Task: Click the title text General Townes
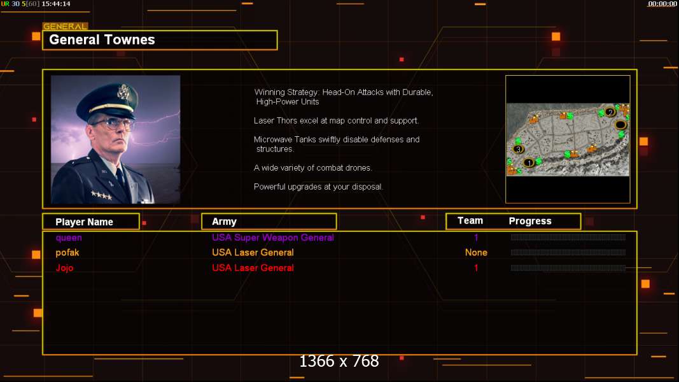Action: pyautogui.click(x=102, y=40)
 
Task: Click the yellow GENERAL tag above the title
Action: pyautogui.click(x=65, y=26)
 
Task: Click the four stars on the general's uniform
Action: pyautogui.click(x=101, y=195)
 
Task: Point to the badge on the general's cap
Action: pyautogui.click(x=124, y=92)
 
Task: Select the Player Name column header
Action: pyautogui.click(x=84, y=222)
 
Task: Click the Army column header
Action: pyautogui.click(x=224, y=222)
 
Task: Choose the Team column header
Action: pyautogui.click(x=470, y=221)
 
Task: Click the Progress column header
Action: pyautogui.click(x=530, y=221)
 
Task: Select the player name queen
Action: pyautogui.click(x=69, y=237)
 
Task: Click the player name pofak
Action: pyautogui.click(x=67, y=253)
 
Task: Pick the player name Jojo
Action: pyautogui.click(x=64, y=267)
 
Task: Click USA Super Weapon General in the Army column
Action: pyautogui.click(x=273, y=237)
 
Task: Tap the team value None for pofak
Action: pyautogui.click(x=476, y=253)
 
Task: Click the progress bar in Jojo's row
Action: pyautogui.click(x=568, y=268)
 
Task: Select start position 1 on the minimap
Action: pyautogui.click(x=529, y=163)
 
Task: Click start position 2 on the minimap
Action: pyautogui.click(x=610, y=112)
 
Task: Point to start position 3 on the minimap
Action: pyautogui.click(x=519, y=150)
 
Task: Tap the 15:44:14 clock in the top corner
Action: pyautogui.click(x=56, y=3)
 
